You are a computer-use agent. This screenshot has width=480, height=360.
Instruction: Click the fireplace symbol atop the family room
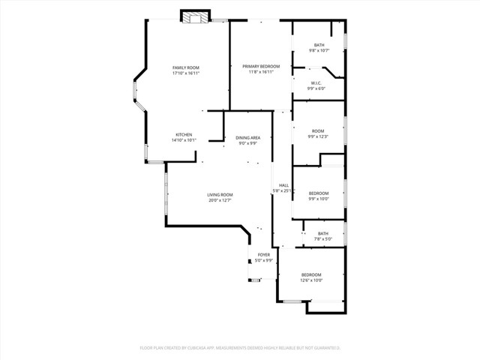[x=196, y=16]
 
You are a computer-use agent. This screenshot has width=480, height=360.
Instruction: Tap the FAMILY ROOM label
[x=186, y=67]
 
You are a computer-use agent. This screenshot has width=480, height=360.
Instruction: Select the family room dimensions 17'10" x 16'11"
[x=186, y=73]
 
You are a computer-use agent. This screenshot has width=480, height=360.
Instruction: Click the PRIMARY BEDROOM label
[x=260, y=66]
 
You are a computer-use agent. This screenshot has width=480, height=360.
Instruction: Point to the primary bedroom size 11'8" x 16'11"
[x=260, y=72]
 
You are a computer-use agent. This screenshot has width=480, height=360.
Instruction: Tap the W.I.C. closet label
[x=317, y=82]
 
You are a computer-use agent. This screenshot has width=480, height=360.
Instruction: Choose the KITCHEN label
[x=184, y=134]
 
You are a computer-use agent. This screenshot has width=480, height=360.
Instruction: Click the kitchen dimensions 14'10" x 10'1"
[x=184, y=140]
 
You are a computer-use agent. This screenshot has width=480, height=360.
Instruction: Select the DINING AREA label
[x=248, y=137]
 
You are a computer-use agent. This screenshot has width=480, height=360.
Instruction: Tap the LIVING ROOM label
[x=220, y=194]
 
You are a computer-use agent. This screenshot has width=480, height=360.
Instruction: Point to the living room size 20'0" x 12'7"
[x=220, y=200]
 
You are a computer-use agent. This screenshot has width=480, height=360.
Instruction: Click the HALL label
[x=283, y=185]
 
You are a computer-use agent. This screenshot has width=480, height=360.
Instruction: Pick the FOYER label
[x=264, y=254]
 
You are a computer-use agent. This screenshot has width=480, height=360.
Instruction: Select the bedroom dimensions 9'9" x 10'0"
[x=319, y=199]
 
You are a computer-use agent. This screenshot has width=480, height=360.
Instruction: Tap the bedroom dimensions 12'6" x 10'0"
[x=311, y=280]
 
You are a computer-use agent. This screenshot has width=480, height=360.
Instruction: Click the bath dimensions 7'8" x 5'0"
[x=322, y=238]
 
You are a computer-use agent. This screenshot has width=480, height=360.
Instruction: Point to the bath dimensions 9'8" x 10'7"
[x=319, y=51]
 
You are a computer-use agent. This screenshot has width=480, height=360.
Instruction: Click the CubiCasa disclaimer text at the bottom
[x=240, y=347]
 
